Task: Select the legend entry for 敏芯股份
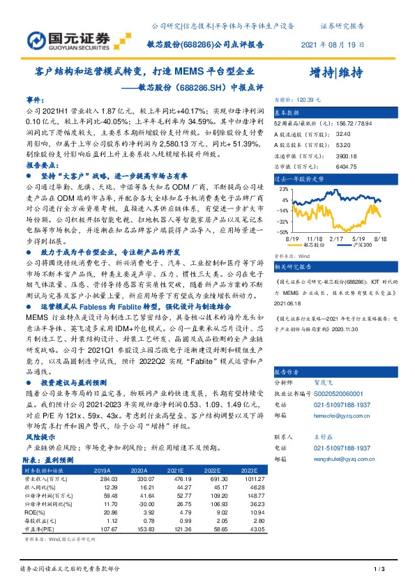coord(312,245)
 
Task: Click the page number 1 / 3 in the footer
coord(380,570)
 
